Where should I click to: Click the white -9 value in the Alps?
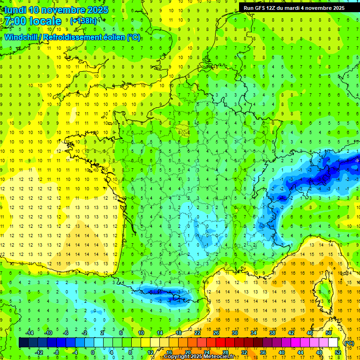click(x=357, y=161)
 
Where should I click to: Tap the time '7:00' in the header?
click(x=16, y=21)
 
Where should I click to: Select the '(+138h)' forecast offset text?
click(x=84, y=21)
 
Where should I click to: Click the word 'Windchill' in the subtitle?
click(x=21, y=37)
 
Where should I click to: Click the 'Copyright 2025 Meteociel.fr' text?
click(x=199, y=357)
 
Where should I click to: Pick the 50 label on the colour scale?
click(x=329, y=332)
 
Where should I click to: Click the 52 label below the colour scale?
click(x=338, y=352)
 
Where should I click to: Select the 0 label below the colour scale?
click(x=93, y=352)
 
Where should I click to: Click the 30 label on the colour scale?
click(x=234, y=332)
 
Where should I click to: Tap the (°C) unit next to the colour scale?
click(x=349, y=343)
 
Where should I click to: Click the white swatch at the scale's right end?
click(x=333, y=343)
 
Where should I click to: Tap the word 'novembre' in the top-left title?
click(x=64, y=9)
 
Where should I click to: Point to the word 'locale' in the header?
click(x=47, y=21)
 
